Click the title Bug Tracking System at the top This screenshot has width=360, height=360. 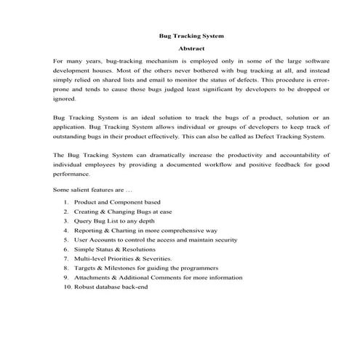pyautogui.click(x=191, y=35)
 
